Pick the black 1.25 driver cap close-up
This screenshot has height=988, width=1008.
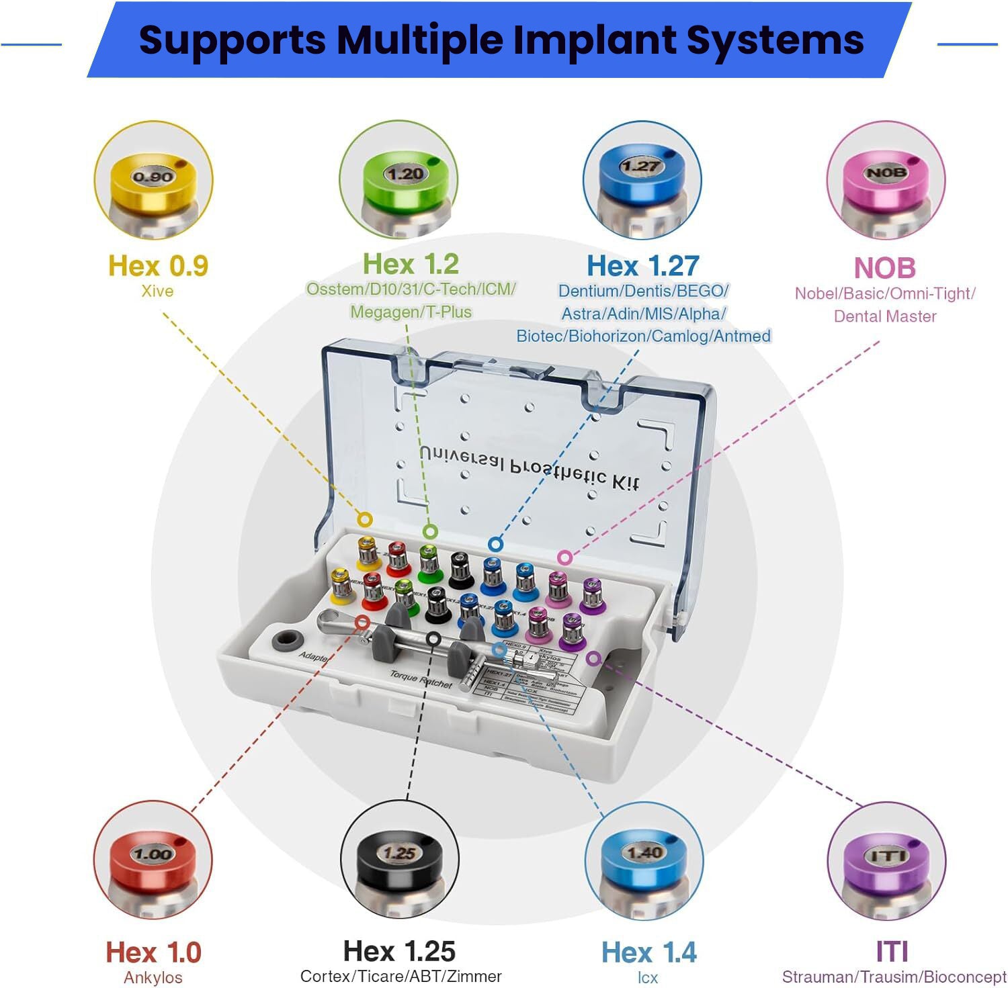tap(400, 860)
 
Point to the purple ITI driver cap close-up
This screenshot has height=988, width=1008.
tap(886, 861)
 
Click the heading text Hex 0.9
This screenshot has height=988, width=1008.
tap(159, 266)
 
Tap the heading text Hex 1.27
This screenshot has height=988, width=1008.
tap(643, 266)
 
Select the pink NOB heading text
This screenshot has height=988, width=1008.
tap(884, 268)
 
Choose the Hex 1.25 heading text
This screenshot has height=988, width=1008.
tap(399, 951)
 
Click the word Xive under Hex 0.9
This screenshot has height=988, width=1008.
tap(157, 291)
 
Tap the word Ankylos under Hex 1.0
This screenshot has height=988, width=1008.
tap(153, 977)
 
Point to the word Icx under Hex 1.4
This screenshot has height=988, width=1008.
tap(648, 977)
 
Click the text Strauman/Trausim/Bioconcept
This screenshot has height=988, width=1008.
tap(894, 977)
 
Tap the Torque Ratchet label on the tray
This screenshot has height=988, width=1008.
tap(421, 679)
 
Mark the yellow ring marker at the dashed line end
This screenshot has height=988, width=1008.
tap(365, 519)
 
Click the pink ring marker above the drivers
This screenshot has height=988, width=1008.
tap(565, 557)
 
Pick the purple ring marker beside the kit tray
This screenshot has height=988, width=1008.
tap(593, 658)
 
